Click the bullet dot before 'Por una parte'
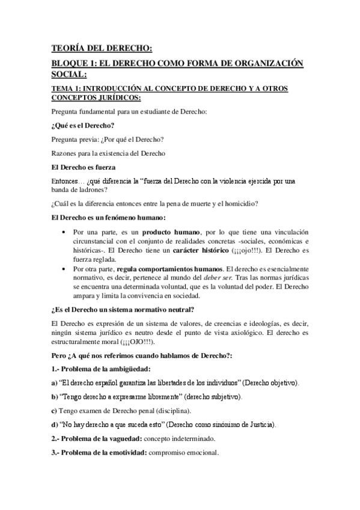pyautogui.click(x=65, y=232)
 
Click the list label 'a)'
pyautogui.click(x=53, y=383)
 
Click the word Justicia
pyautogui.click(x=260, y=425)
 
